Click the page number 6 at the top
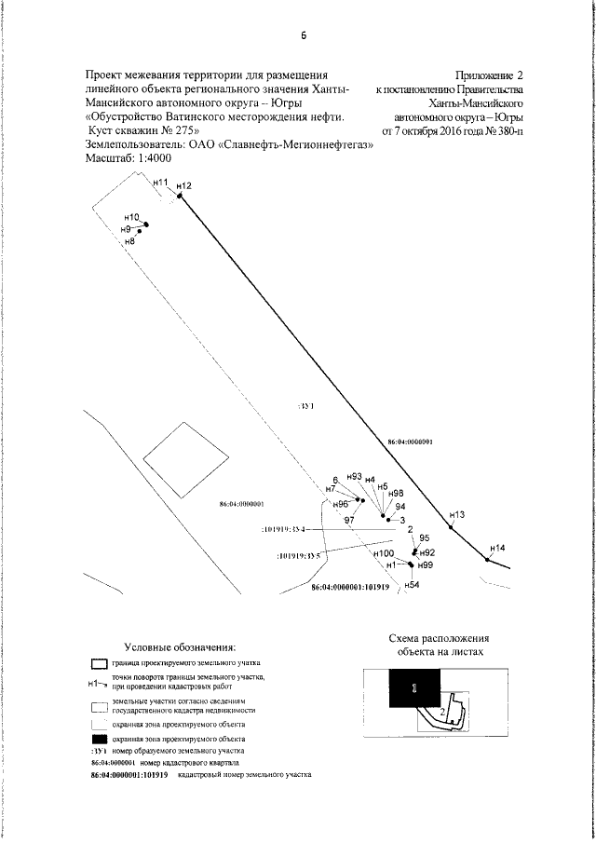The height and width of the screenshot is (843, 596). click(304, 37)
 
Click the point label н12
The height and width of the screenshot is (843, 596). click(183, 186)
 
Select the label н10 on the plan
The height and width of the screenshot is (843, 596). click(131, 218)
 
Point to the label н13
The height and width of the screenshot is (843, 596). click(456, 514)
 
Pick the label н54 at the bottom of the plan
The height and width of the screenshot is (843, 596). click(412, 584)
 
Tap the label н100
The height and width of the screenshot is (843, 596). click(384, 553)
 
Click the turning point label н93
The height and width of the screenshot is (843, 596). click(353, 477)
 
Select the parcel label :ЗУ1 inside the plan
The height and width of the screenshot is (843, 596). click(308, 407)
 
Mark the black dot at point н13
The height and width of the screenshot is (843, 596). click(451, 528)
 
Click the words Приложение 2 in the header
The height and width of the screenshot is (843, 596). click(491, 74)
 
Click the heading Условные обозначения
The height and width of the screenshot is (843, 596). click(180, 646)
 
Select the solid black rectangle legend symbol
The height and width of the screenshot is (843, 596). click(99, 737)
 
